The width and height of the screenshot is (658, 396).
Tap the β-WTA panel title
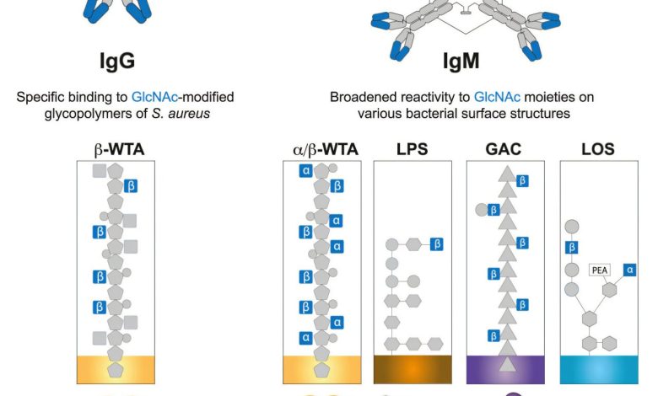(x=119, y=150)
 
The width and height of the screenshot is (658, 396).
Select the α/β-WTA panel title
(x=322, y=150)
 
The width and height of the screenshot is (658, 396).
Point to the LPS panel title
(x=412, y=150)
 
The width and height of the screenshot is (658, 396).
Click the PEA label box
(x=599, y=271)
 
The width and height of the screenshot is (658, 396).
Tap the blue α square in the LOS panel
(x=629, y=269)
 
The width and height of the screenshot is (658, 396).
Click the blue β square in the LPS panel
(x=436, y=244)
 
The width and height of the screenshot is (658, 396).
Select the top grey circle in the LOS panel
(x=571, y=226)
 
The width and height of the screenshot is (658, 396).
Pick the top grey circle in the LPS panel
(x=391, y=244)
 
